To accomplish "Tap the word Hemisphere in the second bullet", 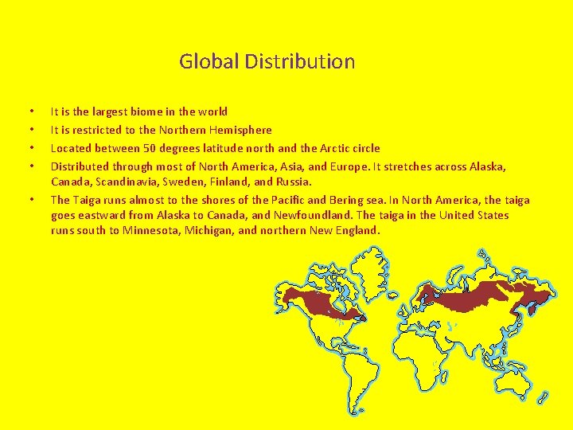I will tap(239, 130).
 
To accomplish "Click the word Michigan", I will tap(210, 231).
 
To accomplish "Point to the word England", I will tap(357, 231).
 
